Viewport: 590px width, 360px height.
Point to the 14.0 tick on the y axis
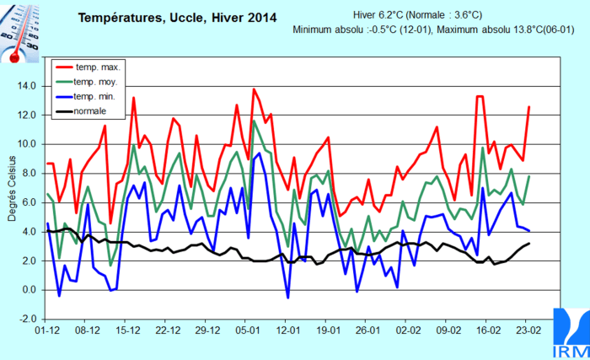[25, 86]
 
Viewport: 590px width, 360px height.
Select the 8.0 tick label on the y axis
[27, 174]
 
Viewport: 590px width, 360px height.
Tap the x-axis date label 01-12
[47, 331]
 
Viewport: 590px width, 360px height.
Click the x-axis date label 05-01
[247, 331]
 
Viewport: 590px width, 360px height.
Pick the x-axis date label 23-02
[528, 331]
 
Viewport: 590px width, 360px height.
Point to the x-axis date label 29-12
[207, 331]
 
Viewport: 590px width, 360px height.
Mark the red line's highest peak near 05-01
[254, 89]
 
